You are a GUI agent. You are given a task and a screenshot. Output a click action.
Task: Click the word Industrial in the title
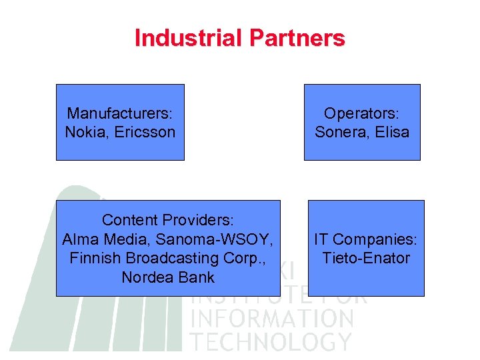pos(188,38)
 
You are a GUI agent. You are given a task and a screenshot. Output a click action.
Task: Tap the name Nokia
pos(83,132)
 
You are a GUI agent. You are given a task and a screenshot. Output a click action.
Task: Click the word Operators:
pos(362,113)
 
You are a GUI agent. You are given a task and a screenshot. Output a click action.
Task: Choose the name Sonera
pos(339,132)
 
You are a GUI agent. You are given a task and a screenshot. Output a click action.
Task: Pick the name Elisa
pos(391,132)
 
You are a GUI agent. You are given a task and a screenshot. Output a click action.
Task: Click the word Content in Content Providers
pos(129,220)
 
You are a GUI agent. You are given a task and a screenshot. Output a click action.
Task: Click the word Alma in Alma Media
pos(78,239)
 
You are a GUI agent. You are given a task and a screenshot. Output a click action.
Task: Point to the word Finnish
pos(94,258)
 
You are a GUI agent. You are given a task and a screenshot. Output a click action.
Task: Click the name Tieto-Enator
pos(365,258)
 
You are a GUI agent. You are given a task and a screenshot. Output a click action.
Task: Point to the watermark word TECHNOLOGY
pos(271,341)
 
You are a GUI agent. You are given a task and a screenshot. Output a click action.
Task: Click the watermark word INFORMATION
pos(272,319)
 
